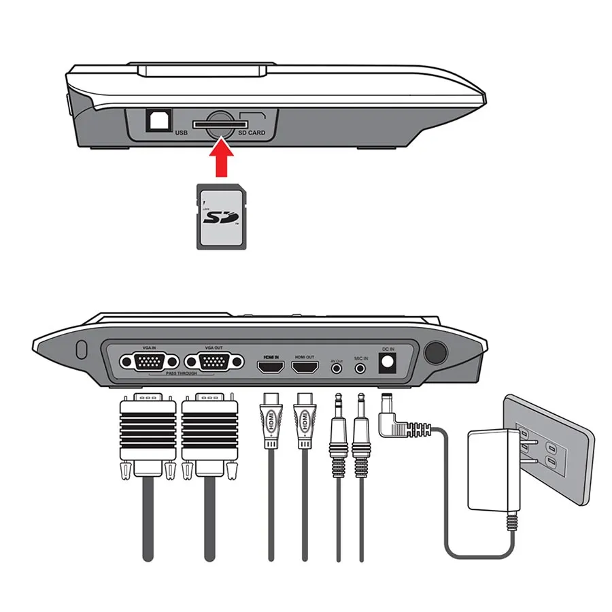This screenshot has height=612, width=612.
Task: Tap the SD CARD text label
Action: pos(251,132)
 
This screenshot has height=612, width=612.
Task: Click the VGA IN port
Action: pos(148,362)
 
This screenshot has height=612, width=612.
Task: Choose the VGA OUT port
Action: pos(214,362)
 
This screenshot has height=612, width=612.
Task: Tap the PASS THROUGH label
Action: pos(181,374)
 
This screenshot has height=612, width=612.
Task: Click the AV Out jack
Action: pos(337,368)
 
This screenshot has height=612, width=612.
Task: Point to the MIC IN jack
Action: pos(361,368)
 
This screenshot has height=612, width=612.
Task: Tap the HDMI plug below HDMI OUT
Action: pos(303,421)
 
